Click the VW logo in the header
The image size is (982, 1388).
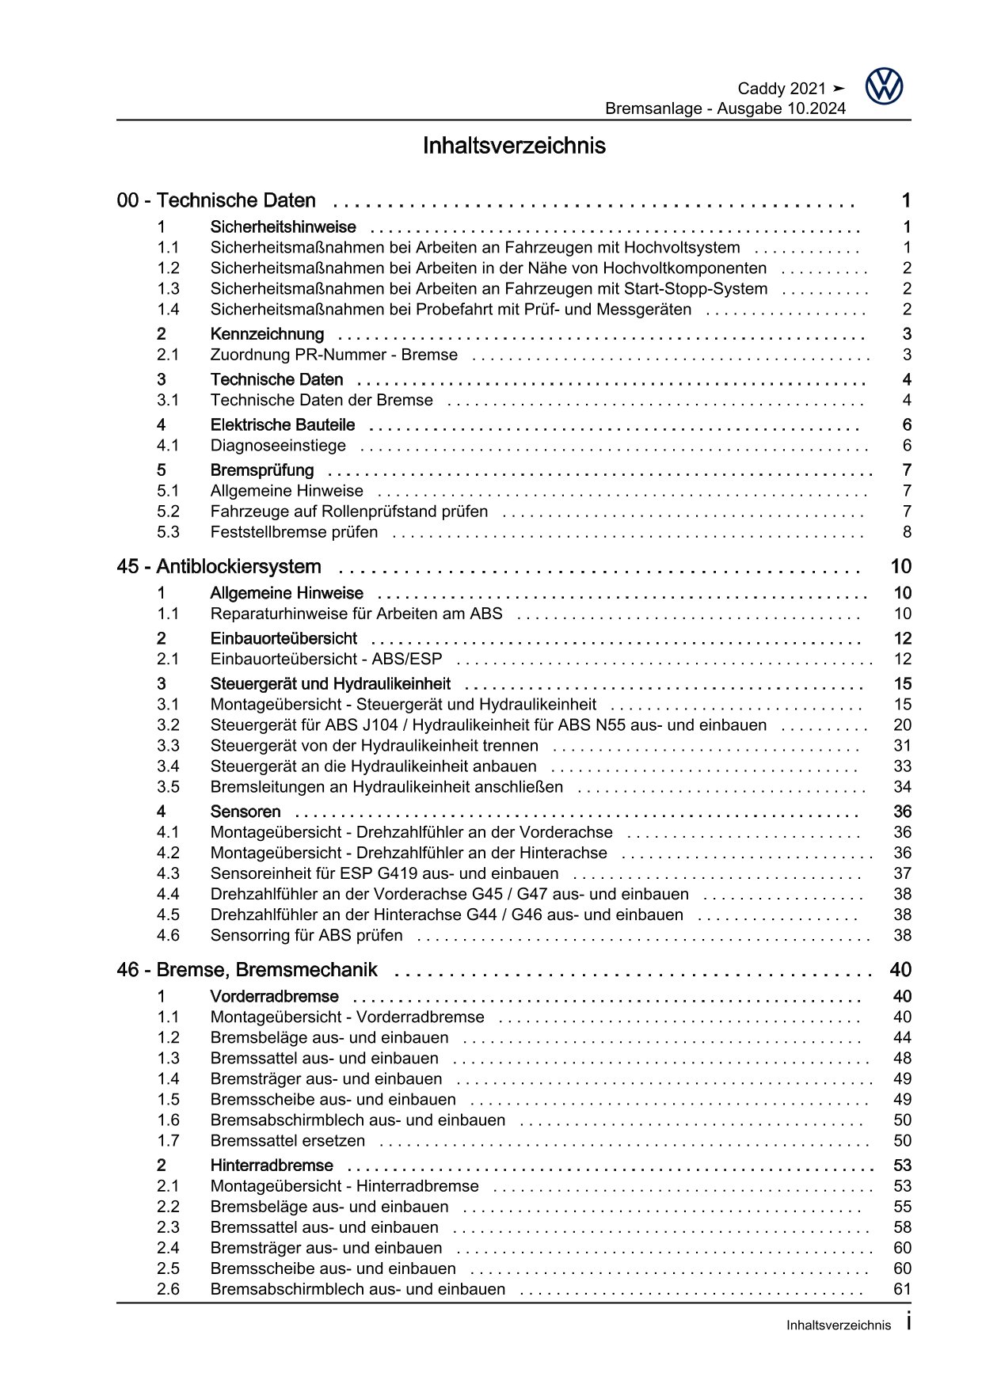pos(883,86)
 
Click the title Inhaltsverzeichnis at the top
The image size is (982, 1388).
pos(514,146)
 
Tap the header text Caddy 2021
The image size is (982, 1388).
pos(782,89)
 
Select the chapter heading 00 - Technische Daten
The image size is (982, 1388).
pos(216,200)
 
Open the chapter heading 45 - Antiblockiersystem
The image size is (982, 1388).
pos(219,567)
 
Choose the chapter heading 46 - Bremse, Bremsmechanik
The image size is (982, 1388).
pos(246,970)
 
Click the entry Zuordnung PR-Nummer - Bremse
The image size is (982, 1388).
pos(333,355)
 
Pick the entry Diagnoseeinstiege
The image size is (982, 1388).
pos(278,446)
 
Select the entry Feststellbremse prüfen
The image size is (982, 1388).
pos(294,532)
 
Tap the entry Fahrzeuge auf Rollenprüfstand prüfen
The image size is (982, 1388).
pos(348,511)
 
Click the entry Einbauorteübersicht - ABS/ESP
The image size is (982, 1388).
pos(326,659)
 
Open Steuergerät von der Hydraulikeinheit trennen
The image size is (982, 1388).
pos(374,746)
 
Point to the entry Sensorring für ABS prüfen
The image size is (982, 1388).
pos(306,935)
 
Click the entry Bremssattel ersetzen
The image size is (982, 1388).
pos(287,1141)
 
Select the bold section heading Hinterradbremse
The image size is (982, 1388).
pos(272,1166)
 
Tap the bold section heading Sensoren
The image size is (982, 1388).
pos(246,812)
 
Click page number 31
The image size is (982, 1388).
pos(902,746)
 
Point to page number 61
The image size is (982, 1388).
pos(902,1289)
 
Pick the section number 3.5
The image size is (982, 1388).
pos(168,787)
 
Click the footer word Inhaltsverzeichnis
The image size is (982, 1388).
pos(838,1325)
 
